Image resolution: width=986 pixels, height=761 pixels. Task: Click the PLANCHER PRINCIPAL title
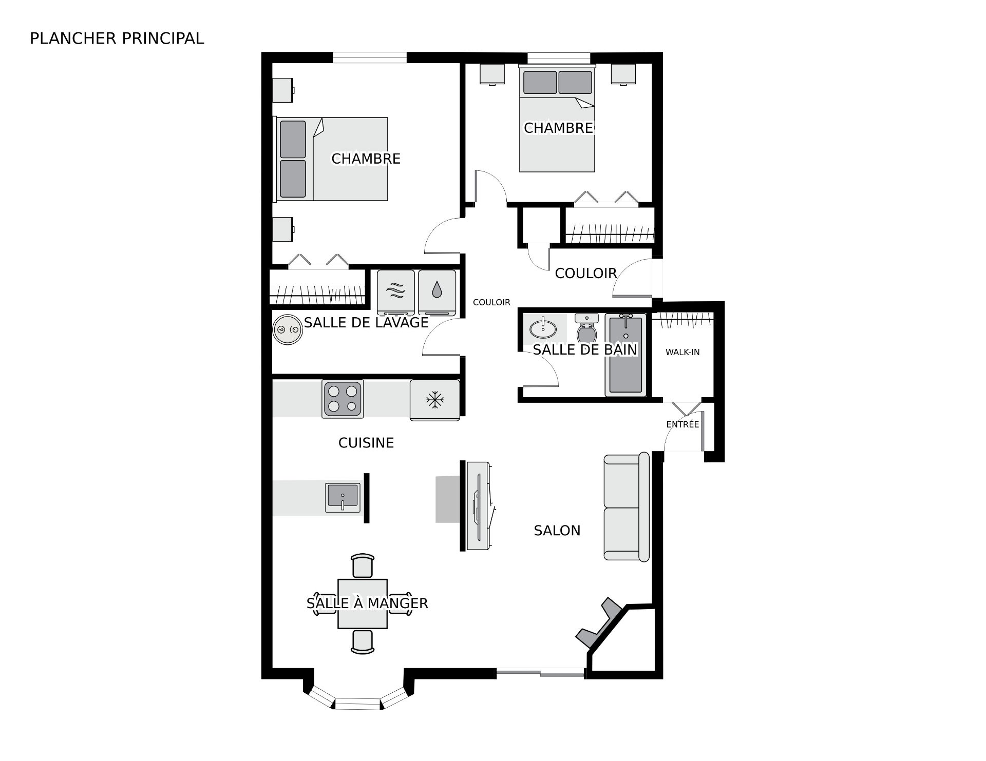117,38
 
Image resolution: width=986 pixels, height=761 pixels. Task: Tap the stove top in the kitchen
343,399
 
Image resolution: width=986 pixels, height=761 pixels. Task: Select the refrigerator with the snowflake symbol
434,400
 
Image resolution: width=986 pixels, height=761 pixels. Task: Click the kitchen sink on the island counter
343,497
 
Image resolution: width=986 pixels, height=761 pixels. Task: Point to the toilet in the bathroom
587,328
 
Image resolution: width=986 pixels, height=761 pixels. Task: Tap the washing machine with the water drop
437,292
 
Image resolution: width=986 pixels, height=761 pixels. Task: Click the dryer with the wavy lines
396,292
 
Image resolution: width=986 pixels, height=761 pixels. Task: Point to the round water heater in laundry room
288,329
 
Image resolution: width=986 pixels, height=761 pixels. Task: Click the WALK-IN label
682,352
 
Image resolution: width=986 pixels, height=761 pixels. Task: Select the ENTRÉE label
682,424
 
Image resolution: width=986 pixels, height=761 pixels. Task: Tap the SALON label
557,531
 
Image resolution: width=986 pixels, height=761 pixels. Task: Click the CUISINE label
366,443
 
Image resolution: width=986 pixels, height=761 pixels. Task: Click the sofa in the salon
627,506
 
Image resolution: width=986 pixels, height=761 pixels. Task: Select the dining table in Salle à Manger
363,603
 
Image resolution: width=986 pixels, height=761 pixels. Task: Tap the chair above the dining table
363,565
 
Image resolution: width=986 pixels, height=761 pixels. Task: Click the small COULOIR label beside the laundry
491,302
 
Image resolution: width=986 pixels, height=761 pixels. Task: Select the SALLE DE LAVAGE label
366,322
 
